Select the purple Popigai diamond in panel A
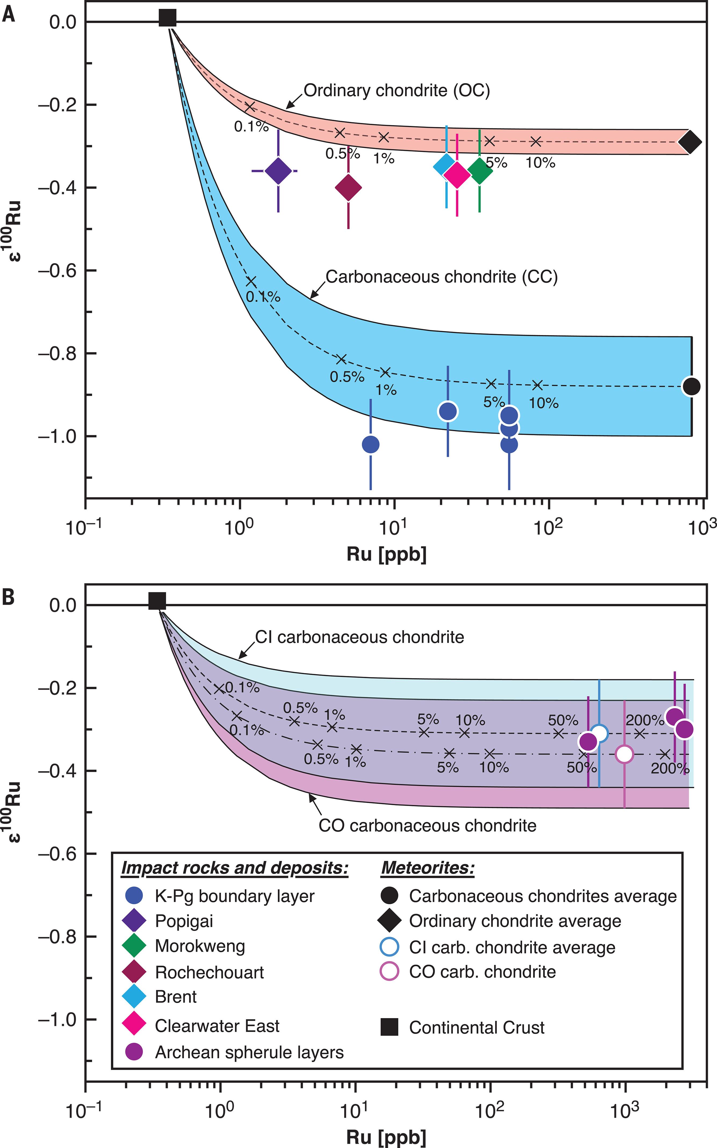278,171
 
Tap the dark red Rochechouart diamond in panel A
348,188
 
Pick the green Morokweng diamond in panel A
480,170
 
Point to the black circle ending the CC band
691,386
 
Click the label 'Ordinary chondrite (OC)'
396,90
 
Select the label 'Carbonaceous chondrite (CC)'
442,277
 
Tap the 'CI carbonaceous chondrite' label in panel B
359,637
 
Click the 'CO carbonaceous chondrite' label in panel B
427,826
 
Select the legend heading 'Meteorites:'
428,868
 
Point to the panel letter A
9,15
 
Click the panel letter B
9,597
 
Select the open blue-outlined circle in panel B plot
599,733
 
